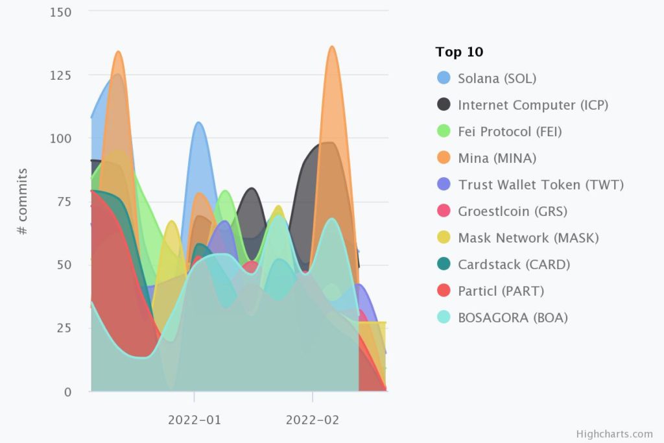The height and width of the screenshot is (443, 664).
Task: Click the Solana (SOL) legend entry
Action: (497, 78)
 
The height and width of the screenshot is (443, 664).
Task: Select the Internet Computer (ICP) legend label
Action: (532, 105)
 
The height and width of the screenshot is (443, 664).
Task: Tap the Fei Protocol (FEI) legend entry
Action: (510, 132)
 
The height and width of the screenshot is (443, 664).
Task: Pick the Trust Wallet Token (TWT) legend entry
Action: (540, 185)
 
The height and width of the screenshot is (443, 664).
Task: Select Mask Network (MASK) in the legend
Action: (528, 238)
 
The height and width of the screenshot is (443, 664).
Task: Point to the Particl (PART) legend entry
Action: (501, 291)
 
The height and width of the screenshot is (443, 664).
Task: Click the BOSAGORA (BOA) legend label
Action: (513, 318)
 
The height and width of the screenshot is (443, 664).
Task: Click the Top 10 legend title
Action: (459, 52)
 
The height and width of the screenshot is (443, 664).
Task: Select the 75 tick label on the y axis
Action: (64, 202)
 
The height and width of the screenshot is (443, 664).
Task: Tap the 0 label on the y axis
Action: (67, 392)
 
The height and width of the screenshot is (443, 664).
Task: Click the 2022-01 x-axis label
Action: (195, 420)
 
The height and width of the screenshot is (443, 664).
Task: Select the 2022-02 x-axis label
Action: (313, 420)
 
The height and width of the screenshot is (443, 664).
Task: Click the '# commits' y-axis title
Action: (23, 202)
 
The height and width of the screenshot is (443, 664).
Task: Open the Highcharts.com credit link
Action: (614, 434)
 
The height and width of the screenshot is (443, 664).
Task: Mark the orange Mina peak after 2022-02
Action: (332, 47)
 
